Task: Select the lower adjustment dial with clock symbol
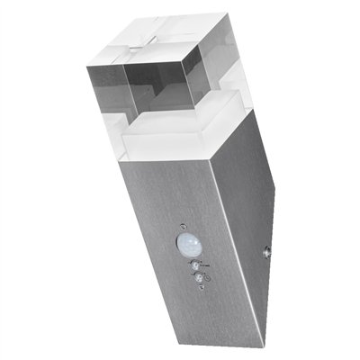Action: point(198,280)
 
